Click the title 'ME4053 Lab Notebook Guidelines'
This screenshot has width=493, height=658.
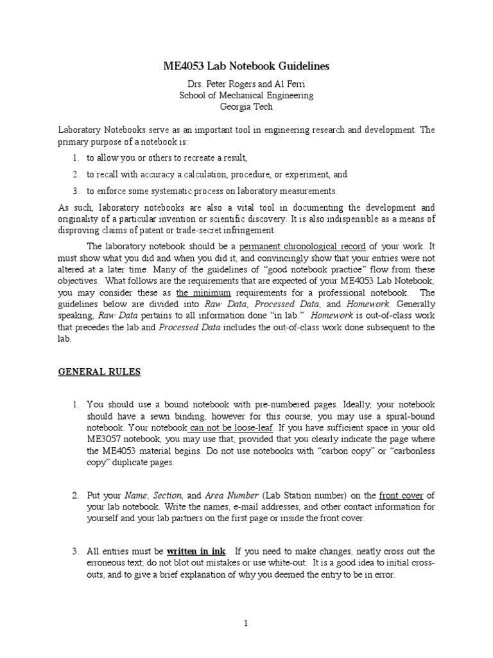coord(246,66)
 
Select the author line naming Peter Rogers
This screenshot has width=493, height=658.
coord(246,84)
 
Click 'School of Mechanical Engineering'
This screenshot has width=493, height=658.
coord(246,96)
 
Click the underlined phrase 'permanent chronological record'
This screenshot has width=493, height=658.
coord(302,246)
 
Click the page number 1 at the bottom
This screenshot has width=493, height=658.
coord(246,623)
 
